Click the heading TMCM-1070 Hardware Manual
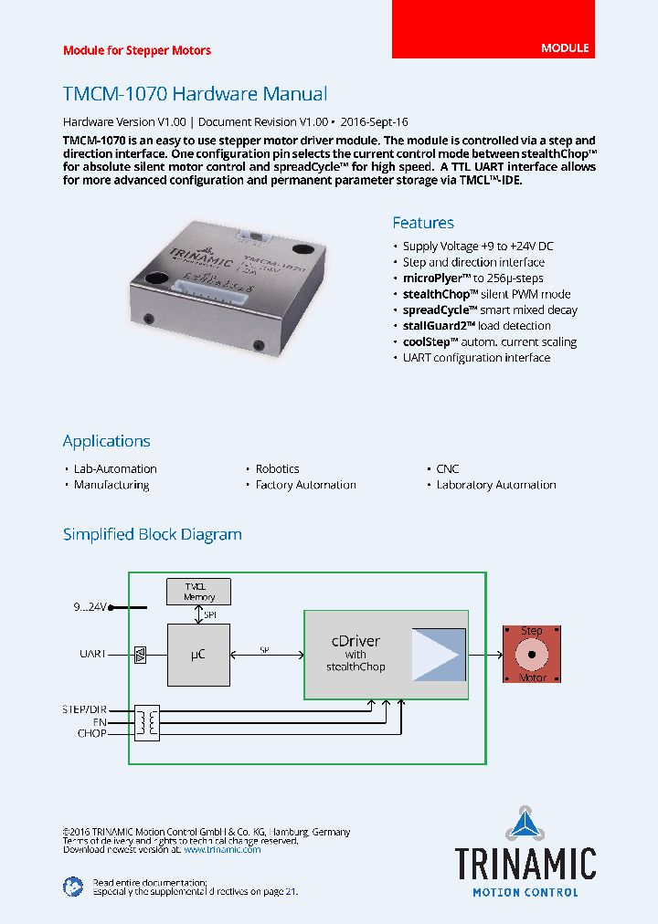point(195,94)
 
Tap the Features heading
point(423,223)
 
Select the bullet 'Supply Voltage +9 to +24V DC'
point(478,247)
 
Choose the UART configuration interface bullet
point(476,358)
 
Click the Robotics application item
point(277,469)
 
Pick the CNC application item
point(447,469)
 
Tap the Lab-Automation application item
point(115,469)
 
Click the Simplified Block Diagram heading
point(153,535)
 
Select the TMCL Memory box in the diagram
point(199,591)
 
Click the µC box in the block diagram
point(198,654)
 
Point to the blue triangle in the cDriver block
point(438,655)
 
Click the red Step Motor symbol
point(531,655)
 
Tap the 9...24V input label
point(90,606)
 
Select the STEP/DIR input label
point(85,709)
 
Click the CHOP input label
point(91,732)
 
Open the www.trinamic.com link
point(222,849)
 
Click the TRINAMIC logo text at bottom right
point(525,863)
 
